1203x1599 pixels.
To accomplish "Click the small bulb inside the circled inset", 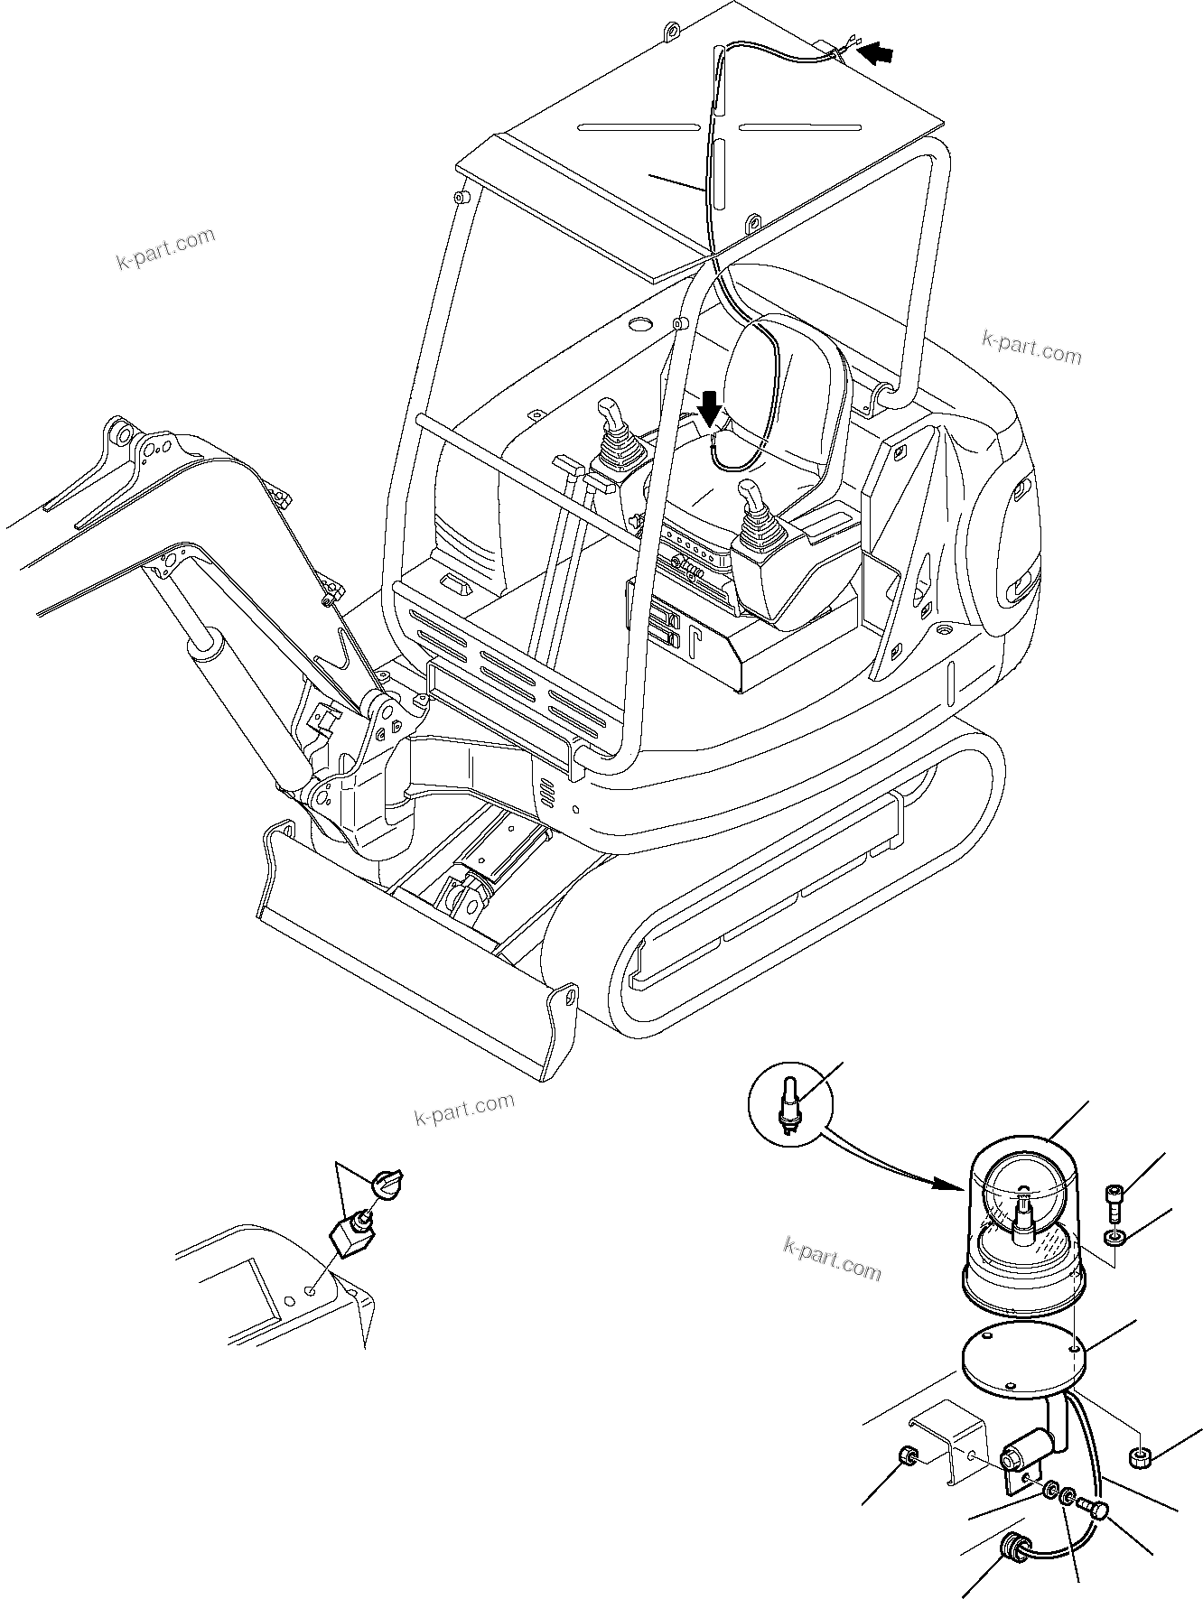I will pyautogui.click(x=788, y=1107).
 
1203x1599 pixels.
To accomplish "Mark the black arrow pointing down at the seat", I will pyautogui.click(x=711, y=410).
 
